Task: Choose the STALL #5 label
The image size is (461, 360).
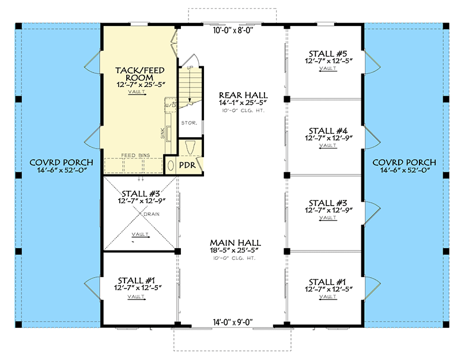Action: pos(327,55)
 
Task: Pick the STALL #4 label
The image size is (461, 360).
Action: pos(327,130)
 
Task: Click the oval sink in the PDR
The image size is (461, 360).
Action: pos(171,165)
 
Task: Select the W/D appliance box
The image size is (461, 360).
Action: pos(170,105)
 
